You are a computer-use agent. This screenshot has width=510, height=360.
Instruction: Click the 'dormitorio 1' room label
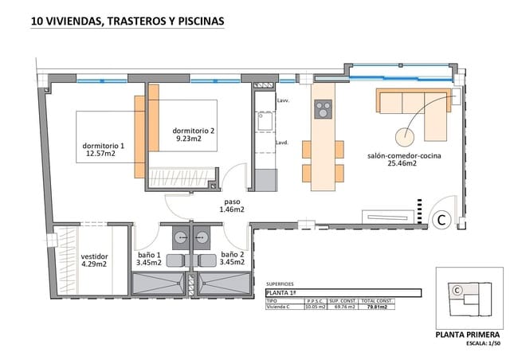(x=104, y=147)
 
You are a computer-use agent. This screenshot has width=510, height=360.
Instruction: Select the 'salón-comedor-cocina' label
(x=404, y=155)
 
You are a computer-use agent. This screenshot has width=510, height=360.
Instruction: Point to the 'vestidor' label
(x=95, y=256)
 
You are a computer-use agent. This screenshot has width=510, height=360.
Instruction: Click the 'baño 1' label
(x=150, y=254)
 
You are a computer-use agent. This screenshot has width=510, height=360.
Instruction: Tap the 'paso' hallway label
(x=233, y=202)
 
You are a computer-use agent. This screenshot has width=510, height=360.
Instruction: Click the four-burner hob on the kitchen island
(x=323, y=109)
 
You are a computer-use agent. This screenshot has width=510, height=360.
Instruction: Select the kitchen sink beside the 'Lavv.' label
(x=263, y=122)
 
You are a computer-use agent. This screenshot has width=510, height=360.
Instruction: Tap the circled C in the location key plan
(x=457, y=291)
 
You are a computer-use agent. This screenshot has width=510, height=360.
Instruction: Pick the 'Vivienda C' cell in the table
(x=279, y=307)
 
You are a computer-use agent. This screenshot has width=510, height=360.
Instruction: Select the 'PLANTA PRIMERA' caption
(x=468, y=335)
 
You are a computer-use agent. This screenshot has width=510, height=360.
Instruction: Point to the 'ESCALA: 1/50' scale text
(x=481, y=344)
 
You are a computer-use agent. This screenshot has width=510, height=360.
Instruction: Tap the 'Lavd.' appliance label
(x=282, y=143)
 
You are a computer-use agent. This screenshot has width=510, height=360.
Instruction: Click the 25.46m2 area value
(x=404, y=164)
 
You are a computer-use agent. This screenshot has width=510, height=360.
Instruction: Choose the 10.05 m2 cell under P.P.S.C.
(x=316, y=307)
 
